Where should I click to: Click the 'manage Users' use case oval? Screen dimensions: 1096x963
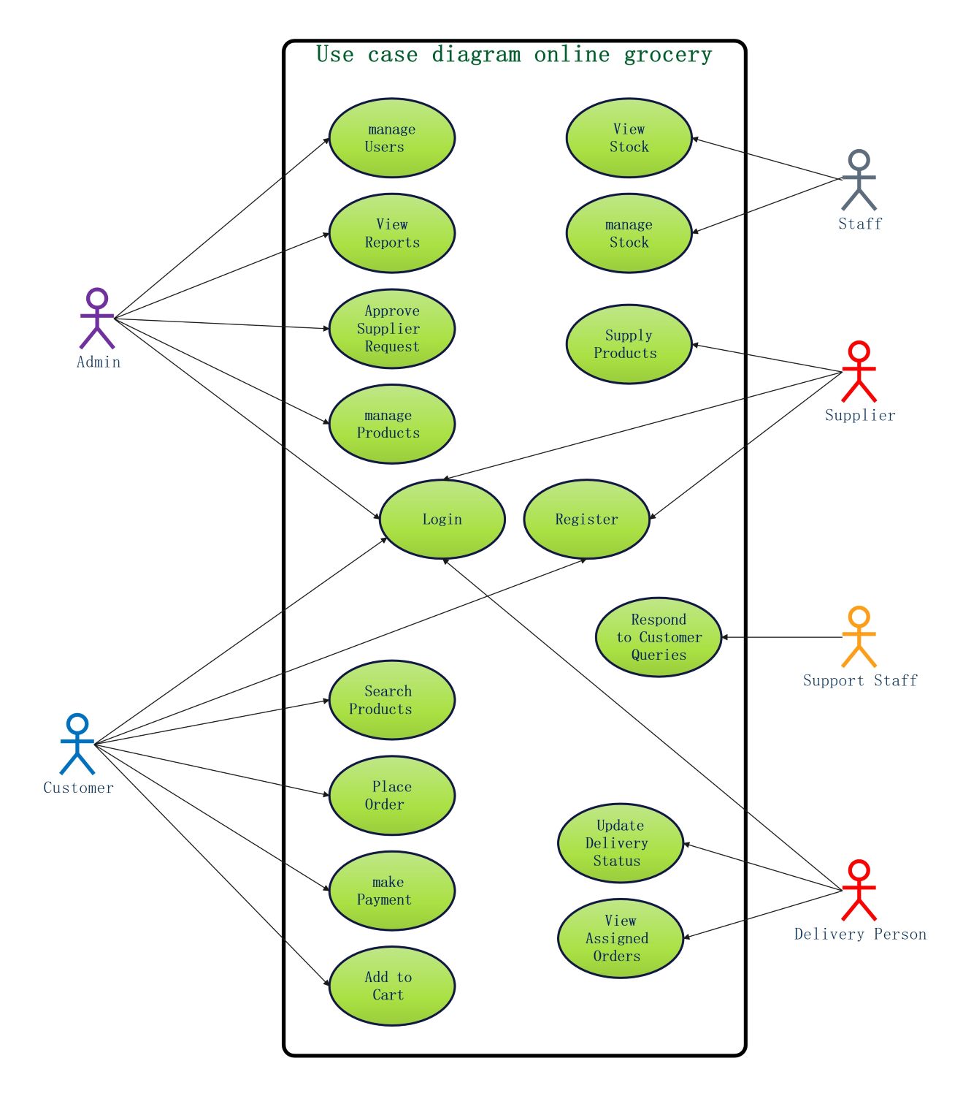392,138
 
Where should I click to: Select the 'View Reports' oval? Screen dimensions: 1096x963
392,233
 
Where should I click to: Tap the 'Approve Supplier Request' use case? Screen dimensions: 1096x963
392,329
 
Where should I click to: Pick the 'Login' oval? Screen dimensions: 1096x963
442,520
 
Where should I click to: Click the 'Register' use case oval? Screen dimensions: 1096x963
586,520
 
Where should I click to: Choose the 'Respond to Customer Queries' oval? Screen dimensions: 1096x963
659,637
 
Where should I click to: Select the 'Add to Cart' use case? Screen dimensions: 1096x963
392,986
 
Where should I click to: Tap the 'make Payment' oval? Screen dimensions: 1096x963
392,891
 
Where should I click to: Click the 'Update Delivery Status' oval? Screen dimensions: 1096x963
620,843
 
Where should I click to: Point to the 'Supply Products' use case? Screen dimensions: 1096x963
629,344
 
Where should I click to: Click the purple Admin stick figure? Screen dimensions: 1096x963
97,319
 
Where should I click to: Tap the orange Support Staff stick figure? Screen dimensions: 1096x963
859,637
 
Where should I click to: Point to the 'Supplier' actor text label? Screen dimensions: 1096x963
860,416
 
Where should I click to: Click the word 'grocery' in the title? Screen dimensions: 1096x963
667,56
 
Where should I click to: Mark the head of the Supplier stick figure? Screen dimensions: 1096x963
859,351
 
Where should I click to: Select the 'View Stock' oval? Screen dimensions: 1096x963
629,138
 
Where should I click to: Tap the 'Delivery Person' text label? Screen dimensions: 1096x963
860,935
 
